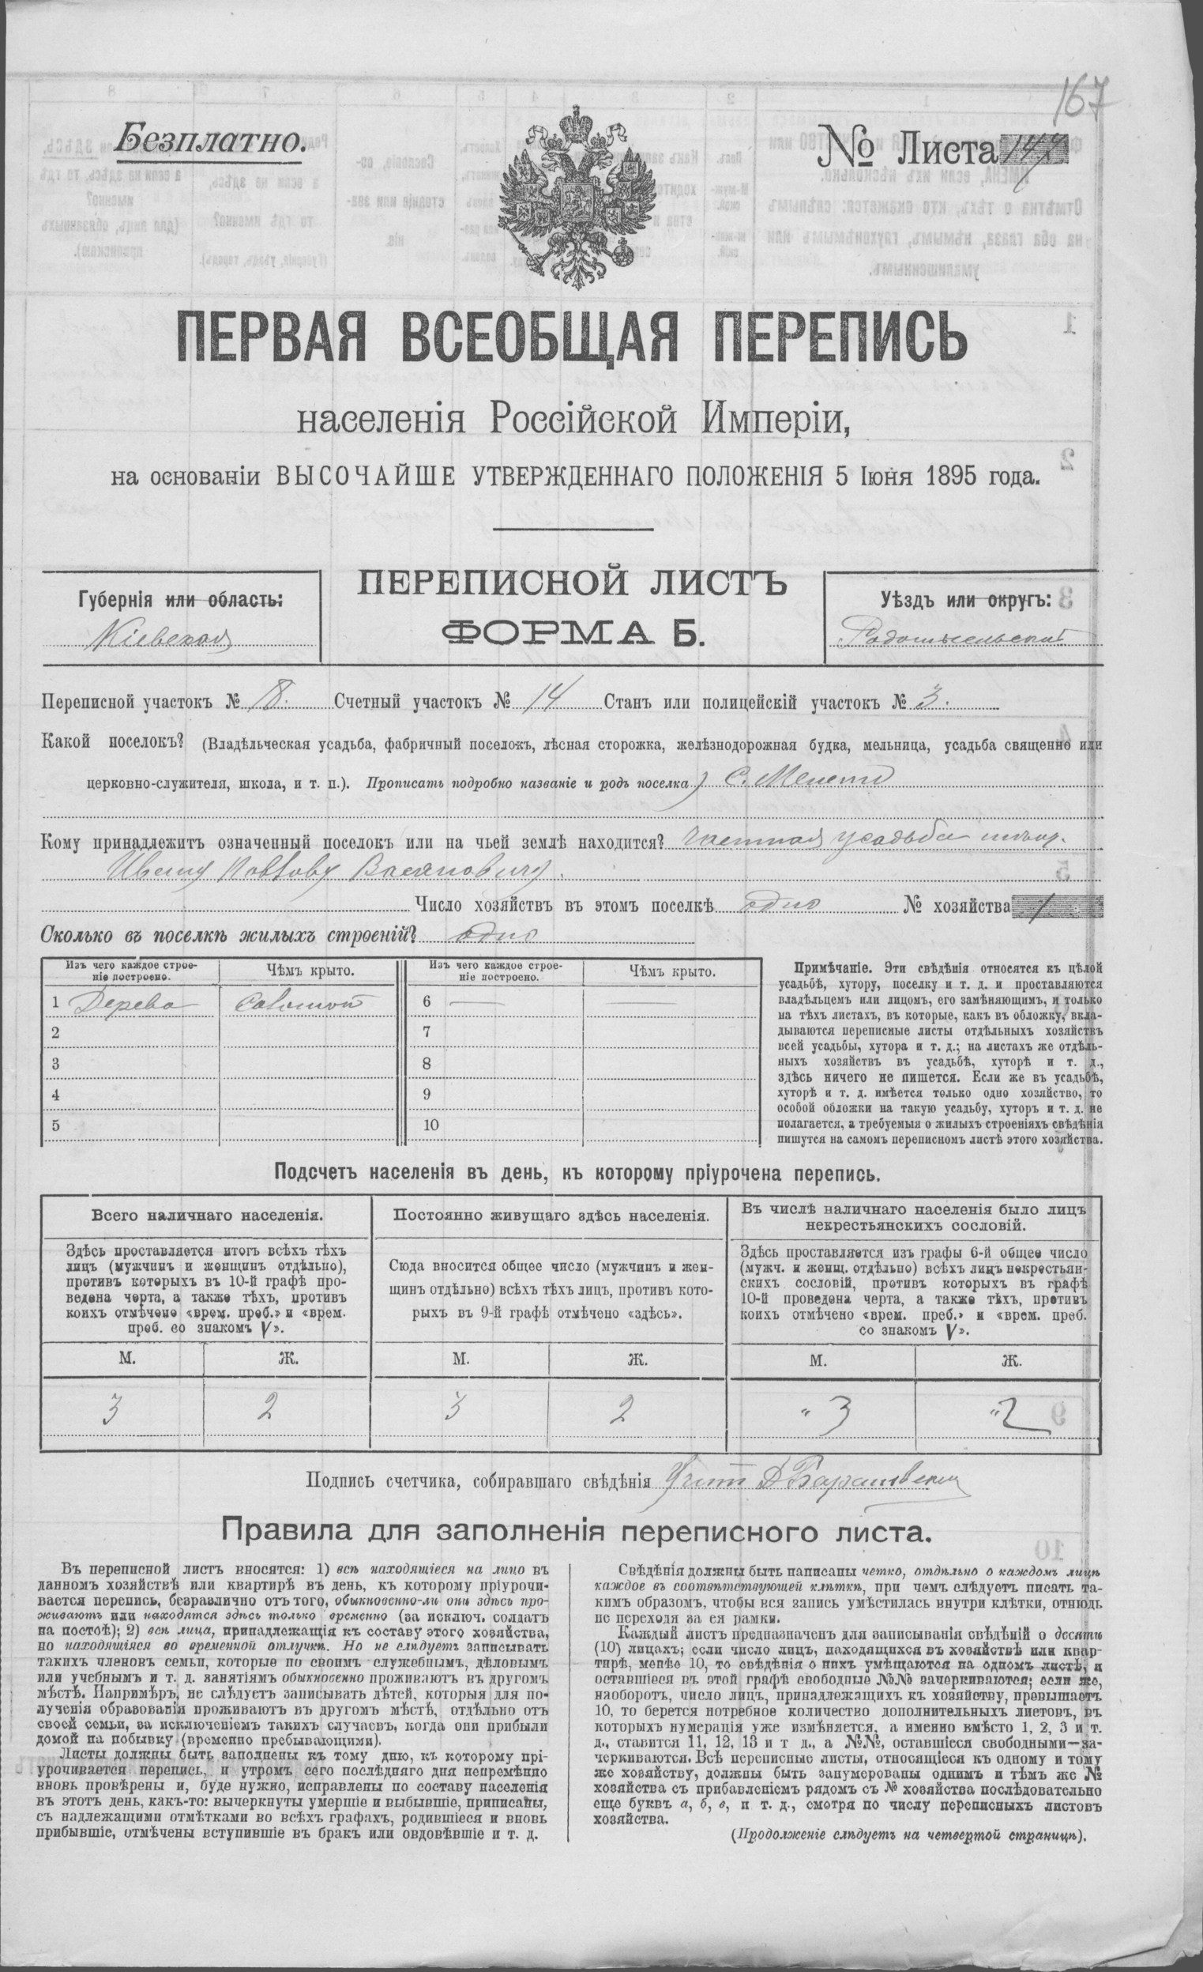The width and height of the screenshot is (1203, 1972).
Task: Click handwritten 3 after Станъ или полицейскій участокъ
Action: point(930,701)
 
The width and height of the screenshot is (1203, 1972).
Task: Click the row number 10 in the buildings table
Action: point(431,1124)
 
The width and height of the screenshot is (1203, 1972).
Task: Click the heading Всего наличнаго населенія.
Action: point(207,1214)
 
